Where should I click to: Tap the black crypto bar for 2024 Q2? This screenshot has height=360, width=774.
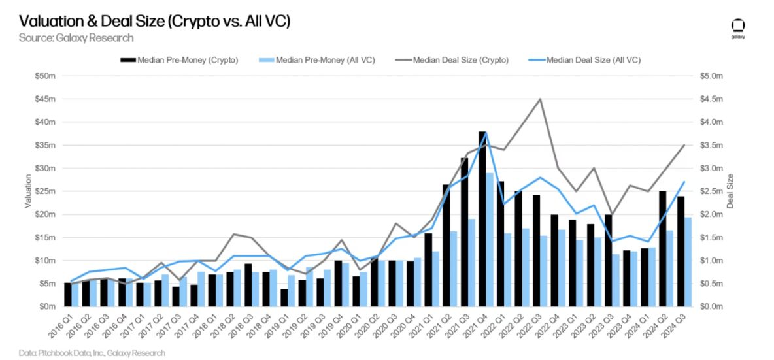(x=662, y=249)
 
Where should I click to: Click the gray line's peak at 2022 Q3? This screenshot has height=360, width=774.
(x=539, y=99)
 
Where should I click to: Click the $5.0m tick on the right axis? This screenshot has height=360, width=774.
(x=711, y=76)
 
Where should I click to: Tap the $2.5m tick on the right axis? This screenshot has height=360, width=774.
(x=711, y=191)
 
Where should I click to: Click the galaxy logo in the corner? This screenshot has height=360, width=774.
(x=737, y=28)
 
